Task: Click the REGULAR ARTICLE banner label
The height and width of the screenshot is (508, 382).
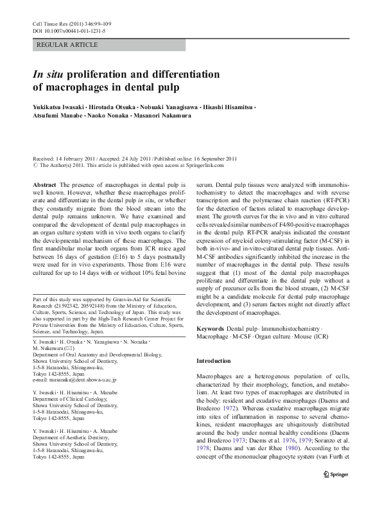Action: pos(68,45)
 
